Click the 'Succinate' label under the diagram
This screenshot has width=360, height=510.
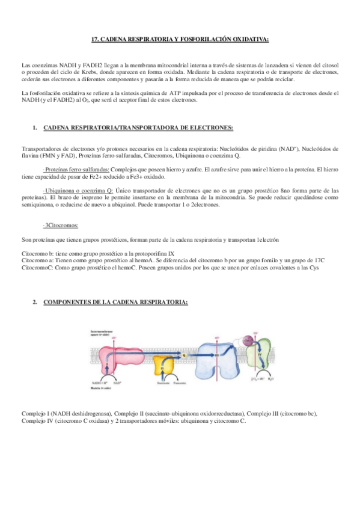pos(162,382)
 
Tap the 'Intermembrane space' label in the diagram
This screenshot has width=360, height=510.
pos(103,333)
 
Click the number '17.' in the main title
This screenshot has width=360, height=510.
pos(94,40)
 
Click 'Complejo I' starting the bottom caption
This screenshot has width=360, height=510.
pos(35,414)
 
